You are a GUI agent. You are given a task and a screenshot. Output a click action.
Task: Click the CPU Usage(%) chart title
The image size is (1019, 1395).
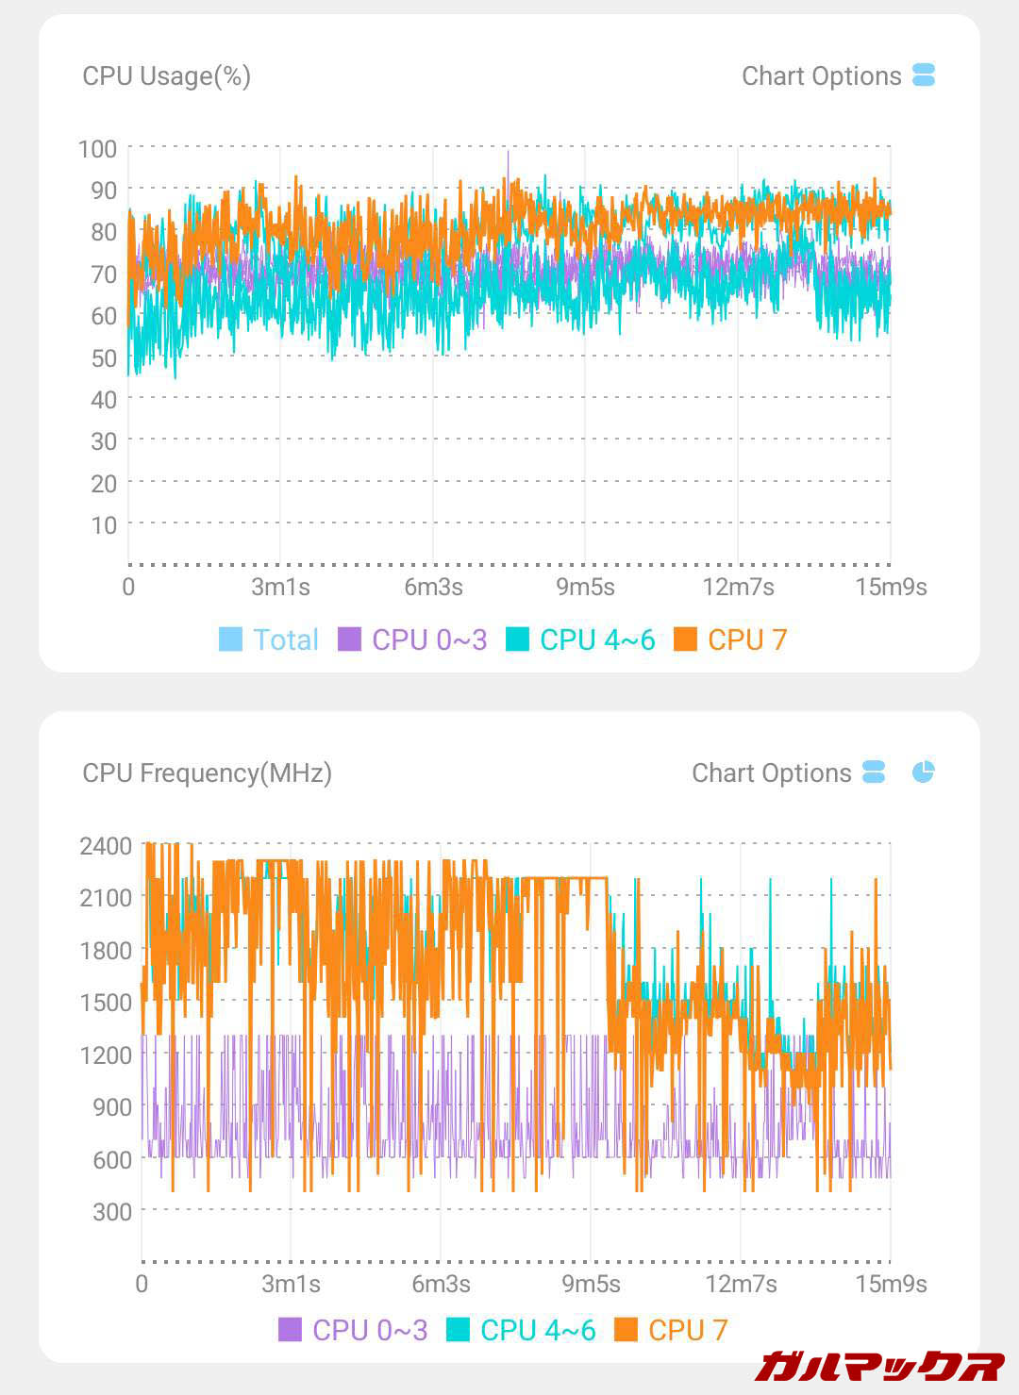166,76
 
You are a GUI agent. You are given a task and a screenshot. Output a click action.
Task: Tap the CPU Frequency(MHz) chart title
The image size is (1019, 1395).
207,773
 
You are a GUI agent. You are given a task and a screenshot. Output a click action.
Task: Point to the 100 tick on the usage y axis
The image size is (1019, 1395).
97,148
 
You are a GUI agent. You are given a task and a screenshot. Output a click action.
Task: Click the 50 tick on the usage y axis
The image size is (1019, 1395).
104,357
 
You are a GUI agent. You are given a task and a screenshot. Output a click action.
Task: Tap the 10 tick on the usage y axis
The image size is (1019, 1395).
104,524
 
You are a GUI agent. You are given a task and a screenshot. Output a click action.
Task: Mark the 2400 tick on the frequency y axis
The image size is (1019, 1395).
106,845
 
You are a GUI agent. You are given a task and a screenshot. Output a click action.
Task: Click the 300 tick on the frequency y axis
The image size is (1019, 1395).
111,1211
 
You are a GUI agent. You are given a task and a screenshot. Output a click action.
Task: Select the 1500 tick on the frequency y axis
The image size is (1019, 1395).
106,1003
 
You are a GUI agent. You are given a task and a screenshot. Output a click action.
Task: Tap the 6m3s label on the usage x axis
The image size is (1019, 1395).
433,587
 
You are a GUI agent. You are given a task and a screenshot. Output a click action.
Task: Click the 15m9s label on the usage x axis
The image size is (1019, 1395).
891,587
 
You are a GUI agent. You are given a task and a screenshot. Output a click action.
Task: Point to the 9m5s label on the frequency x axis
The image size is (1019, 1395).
591,1284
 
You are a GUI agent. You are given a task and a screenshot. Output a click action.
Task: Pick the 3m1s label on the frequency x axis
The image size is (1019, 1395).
291,1284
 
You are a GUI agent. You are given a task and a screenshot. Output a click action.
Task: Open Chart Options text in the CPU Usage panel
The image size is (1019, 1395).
821,76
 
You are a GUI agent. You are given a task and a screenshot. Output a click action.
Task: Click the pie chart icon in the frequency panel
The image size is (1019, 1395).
923,772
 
